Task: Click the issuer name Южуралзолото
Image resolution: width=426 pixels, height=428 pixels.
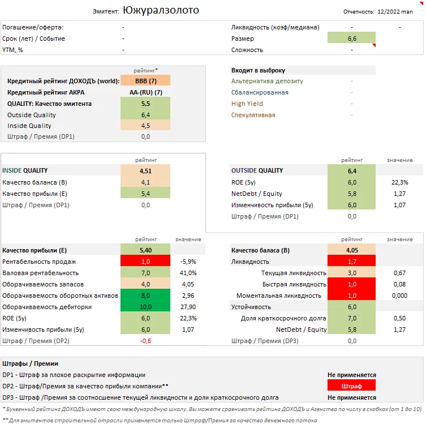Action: (x=160, y=10)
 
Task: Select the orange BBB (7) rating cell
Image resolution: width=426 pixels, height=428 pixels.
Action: (x=145, y=82)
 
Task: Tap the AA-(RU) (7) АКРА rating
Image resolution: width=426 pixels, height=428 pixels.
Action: (x=145, y=92)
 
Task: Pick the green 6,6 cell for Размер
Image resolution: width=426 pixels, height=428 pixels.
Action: (x=351, y=38)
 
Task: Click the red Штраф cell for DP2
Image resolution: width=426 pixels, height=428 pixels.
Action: (x=351, y=386)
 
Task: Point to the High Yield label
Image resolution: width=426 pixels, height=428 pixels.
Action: (x=247, y=104)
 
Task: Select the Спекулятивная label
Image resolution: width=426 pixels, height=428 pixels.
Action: (x=253, y=115)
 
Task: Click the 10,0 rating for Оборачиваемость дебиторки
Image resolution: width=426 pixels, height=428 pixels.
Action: (x=145, y=307)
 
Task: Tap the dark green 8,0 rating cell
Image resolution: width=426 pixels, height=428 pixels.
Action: (x=145, y=296)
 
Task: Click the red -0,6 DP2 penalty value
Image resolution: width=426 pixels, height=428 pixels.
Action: (x=145, y=341)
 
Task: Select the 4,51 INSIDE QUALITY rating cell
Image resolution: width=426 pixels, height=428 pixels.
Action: (x=145, y=170)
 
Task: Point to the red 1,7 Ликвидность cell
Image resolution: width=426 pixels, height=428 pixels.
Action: (x=351, y=262)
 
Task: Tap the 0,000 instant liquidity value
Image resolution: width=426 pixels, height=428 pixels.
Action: (x=399, y=296)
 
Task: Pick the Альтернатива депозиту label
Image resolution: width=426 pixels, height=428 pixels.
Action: (x=267, y=81)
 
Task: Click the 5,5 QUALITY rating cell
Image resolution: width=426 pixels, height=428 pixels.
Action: (x=145, y=104)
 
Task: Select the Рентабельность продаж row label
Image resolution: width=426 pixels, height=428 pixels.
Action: (x=39, y=262)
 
